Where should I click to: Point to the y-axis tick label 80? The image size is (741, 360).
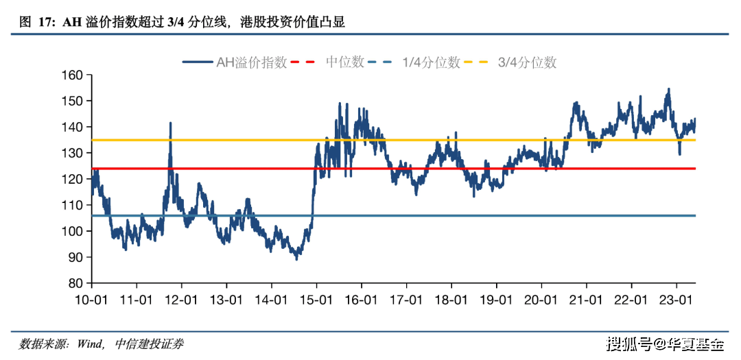coord(75,283)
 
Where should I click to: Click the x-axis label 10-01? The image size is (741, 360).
coord(91,300)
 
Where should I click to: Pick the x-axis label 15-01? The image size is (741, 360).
coord(316,300)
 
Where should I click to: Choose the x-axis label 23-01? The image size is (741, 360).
coord(676,300)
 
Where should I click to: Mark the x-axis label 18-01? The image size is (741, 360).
coord(451,300)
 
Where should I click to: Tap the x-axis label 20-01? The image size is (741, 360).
coord(541,300)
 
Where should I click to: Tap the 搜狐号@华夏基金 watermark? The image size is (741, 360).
coord(665,344)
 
